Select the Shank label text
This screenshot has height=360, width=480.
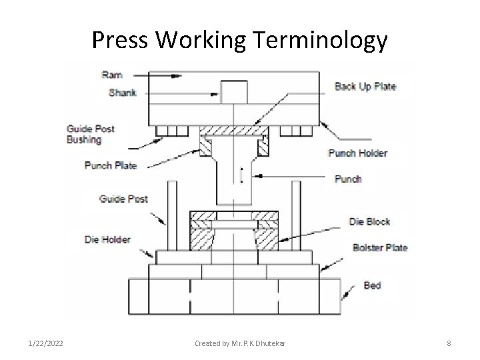pos(123,93)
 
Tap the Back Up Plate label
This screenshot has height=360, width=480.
pos(365,86)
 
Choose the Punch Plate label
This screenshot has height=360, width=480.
pos(110,165)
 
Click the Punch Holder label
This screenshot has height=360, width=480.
pos(358,153)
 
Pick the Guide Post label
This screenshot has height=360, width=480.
pos(123,199)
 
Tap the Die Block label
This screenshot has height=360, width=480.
pos(370,221)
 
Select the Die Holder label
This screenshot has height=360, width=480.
pos(108,239)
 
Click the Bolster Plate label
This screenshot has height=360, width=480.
pos(380,247)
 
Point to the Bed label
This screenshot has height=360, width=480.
pos(372,285)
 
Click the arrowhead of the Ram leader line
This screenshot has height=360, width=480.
pos(177,77)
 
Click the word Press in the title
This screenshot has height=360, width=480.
pos(123,41)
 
